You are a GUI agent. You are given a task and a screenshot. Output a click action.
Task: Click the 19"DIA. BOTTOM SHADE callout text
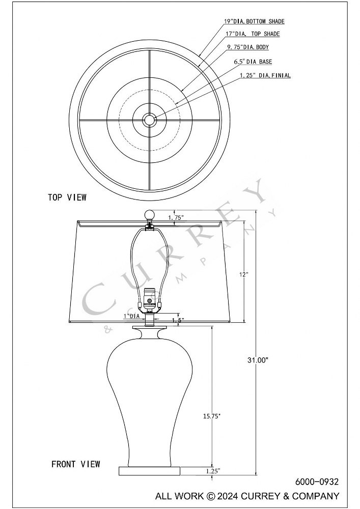[x=254, y=21]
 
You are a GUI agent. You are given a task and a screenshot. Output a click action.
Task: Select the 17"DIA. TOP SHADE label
[x=253, y=34]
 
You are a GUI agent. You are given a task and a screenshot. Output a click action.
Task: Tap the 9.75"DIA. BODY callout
[x=248, y=47]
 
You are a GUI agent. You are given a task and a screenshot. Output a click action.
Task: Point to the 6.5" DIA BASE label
[x=253, y=62]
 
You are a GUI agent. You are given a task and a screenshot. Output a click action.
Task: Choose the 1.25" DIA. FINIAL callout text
[x=265, y=75]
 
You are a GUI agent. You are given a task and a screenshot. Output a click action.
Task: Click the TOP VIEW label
[x=67, y=197]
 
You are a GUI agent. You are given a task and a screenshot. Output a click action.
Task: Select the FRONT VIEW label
[x=76, y=464]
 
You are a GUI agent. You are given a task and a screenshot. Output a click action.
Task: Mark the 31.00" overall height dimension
[x=258, y=360]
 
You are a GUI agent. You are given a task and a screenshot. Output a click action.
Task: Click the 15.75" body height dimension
[x=212, y=416]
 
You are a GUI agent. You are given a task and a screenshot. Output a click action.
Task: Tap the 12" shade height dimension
[x=244, y=274]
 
